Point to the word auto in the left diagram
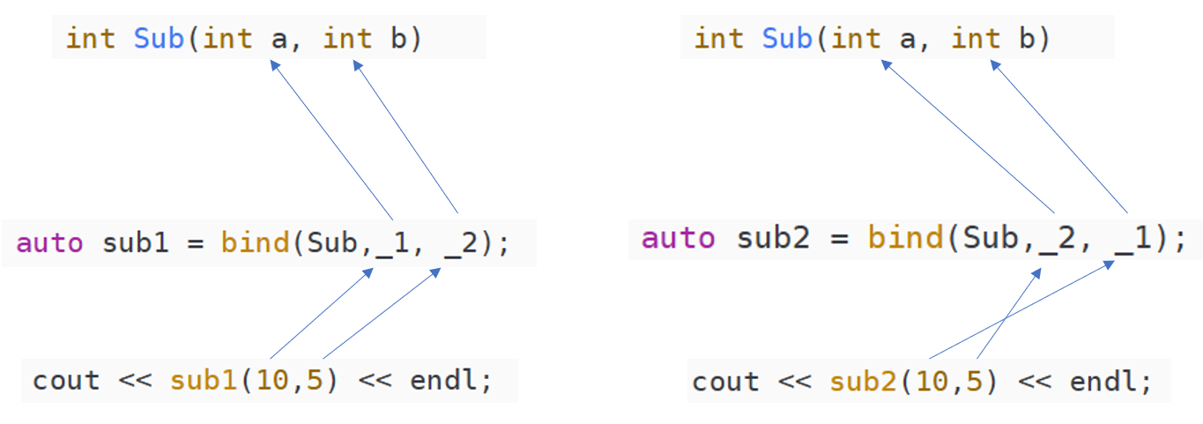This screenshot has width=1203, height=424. (x=50, y=242)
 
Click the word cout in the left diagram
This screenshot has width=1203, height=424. (x=66, y=381)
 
